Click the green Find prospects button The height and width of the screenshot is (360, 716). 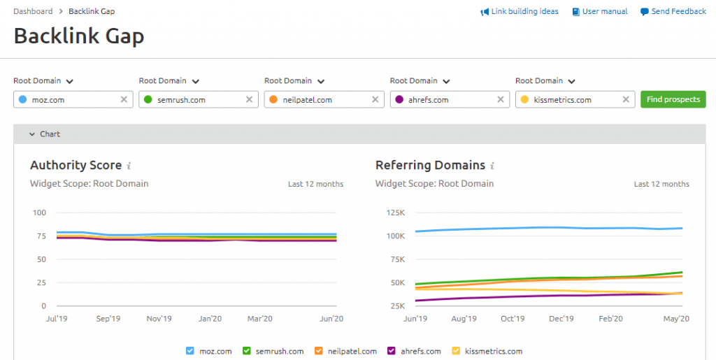click(x=673, y=99)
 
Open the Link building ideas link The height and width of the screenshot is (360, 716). click(x=520, y=11)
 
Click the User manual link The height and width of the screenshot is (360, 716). click(x=600, y=11)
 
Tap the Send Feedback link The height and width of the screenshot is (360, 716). click(x=673, y=11)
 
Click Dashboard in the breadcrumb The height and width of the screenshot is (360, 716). click(x=33, y=11)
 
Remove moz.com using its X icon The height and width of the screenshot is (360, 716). click(x=124, y=99)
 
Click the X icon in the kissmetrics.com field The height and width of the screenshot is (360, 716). click(x=626, y=99)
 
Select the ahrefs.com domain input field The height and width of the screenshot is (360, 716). click(x=450, y=99)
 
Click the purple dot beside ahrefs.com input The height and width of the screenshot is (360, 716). click(x=399, y=99)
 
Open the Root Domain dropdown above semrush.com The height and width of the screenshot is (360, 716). click(x=169, y=81)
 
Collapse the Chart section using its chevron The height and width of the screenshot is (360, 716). click(x=32, y=134)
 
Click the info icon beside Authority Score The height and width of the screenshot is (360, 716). click(x=129, y=166)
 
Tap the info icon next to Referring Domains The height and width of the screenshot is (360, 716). click(x=492, y=166)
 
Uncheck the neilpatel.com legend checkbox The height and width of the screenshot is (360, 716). click(x=319, y=351)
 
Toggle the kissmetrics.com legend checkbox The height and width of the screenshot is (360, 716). click(x=456, y=351)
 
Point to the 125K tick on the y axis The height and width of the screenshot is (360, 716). click(x=396, y=213)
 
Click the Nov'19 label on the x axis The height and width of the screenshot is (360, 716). click(x=159, y=319)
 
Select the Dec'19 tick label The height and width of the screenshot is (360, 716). click(x=561, y=319)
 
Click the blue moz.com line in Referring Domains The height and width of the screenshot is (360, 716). click(x=549, y=228)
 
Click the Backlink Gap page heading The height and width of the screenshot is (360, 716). click(x=79, y=36)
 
